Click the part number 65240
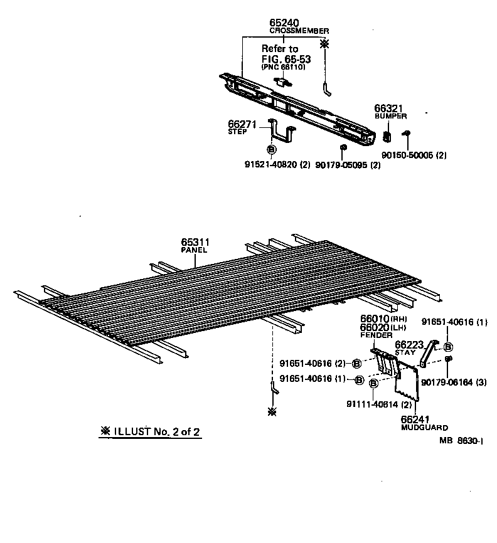pos(285,23)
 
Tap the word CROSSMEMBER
pos(299,31)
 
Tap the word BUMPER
pos(391,117)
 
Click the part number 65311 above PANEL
pos(195,242)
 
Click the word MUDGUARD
pos(425,428)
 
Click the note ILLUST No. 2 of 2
pos(151,431)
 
